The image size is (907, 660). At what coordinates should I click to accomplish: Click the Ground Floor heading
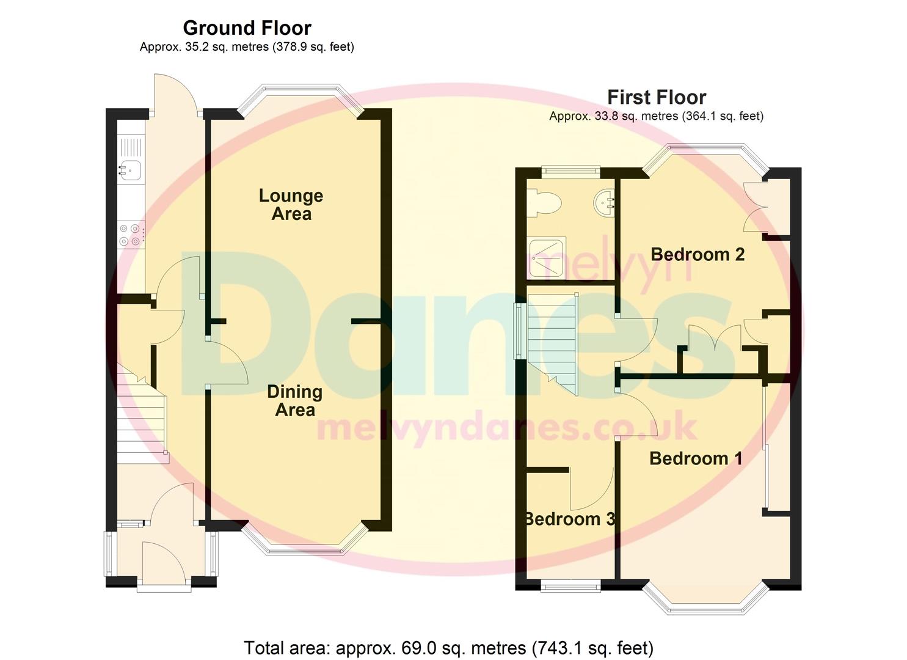click(247, 28)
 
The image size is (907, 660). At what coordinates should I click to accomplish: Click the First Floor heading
click(656, 97)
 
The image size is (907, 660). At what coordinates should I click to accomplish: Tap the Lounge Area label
click(291, 205)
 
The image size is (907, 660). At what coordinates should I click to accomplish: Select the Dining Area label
click(294, 401)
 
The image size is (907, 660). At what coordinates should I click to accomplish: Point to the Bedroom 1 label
click(696, 458)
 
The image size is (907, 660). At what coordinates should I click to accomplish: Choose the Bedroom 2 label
click(698, 254)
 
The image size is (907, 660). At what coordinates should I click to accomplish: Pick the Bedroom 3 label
click(569, 519)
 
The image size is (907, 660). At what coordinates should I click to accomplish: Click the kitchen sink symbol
click(130, 166)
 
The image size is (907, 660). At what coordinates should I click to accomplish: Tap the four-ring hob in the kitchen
click(131, 235)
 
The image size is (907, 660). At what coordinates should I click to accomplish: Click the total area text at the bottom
click(448, 648)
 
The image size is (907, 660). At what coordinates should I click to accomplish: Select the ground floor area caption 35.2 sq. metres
click(247, 47)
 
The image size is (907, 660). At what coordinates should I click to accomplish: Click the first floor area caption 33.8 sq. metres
click(656, 116)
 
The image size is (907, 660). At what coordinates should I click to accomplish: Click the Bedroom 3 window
click(570, 587)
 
